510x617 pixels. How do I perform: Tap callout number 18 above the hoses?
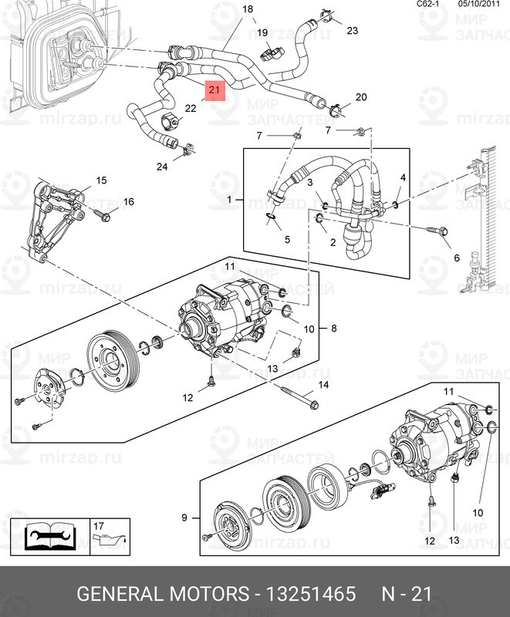pyautogui.click(x=248, y=9)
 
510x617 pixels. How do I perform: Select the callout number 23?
pyautogui.click(x=353, y=31)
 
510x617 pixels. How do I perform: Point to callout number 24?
pyautogui.click(x=162, y=167)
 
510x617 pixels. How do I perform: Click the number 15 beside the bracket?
pyautogui.click(x=101, y=180)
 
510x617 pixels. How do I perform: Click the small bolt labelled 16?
pyautogui.click(x=103, y=216)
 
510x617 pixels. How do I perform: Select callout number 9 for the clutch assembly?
pyautogui.click(x=184, y=517)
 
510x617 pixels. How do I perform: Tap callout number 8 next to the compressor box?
pyautogui.click(x=334, y=329)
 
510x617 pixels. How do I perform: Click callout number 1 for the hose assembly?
pyautogui.click(x=229, y=201)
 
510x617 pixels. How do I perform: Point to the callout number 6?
pyautogui.click(x=456, y=258)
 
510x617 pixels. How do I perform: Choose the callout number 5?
pyautogui.click(x=287, y=240)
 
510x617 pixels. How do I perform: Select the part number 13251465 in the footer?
pyautogui.click(x=311, y=595)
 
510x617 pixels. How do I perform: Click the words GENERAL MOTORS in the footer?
pyautogui.click(x=163, y=595)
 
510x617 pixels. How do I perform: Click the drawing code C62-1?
pyautogui.click(x=428, y=4)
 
